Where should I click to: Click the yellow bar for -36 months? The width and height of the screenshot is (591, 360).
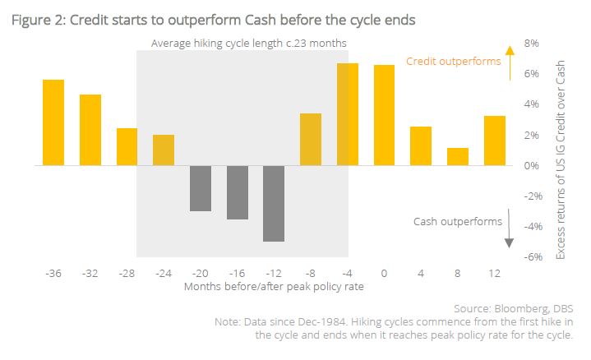53,122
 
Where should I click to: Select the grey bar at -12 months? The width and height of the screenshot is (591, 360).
275,203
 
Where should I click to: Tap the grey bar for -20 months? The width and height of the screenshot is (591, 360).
201,188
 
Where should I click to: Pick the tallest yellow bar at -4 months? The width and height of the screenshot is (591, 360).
348,114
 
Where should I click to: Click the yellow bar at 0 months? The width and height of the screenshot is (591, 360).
385,115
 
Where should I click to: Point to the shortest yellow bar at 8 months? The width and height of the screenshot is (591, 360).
458,156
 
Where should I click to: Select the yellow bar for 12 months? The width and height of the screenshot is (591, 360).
495,141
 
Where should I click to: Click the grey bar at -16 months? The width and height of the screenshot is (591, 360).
238,192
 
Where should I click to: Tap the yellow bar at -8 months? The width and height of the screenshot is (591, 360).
311,140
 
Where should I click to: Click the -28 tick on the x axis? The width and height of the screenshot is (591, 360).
127,272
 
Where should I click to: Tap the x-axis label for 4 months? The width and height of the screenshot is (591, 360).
422,272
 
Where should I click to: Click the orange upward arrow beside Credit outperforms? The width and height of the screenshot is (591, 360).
509,62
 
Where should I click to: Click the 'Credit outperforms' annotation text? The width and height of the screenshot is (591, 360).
454,61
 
